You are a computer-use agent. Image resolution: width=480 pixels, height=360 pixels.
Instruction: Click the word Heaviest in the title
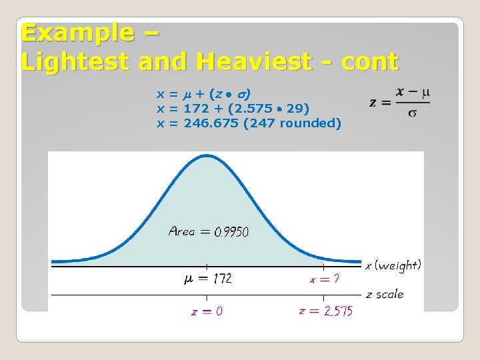[x=254, y=62]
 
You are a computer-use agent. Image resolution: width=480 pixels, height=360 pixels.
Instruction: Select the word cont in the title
[x=369, y=62]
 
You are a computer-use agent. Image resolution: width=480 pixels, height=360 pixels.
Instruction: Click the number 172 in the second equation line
[x=196, y=108]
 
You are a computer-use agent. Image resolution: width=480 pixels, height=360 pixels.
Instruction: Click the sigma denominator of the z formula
[x=413, y=113]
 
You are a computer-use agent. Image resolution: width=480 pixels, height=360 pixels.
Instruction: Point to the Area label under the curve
[x=182, y=231]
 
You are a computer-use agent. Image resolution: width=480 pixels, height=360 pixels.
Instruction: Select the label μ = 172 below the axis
[x=207, y=279]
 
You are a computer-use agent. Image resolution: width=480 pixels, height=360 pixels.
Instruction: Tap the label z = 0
[x=207, y=311]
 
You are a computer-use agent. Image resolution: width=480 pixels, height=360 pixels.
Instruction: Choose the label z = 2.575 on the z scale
[x=325, y=311]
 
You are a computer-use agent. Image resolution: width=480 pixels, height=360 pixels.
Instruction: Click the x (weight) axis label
[x=393, y=265]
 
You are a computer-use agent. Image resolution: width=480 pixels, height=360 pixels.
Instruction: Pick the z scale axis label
[x=385, y=294]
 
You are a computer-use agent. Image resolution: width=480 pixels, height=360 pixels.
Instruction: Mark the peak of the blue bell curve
[x=207, y=156]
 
